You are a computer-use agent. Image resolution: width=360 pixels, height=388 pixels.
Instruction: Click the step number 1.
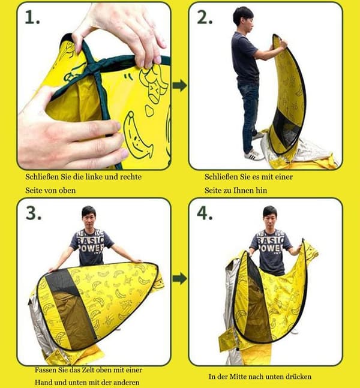point(32,17)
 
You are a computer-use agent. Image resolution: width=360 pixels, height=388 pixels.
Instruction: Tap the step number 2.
point(205,17)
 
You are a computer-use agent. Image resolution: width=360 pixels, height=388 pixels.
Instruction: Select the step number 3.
point(34,213)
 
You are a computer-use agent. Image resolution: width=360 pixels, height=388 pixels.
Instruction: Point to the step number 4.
point(205,213)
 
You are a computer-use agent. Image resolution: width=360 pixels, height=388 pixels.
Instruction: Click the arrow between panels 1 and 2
point(180,85)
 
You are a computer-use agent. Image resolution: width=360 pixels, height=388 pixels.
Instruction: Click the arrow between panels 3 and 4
point(180,278)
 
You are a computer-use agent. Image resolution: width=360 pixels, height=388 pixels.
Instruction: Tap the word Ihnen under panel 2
point(248,191)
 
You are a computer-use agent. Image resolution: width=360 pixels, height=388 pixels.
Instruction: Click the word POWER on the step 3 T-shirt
point(91,248)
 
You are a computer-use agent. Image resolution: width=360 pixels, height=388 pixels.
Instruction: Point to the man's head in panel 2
point(244,18)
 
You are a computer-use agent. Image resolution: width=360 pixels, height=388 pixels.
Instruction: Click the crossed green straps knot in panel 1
point(96,66)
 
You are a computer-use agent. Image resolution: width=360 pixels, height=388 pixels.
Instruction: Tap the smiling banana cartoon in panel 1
point(137,136)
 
